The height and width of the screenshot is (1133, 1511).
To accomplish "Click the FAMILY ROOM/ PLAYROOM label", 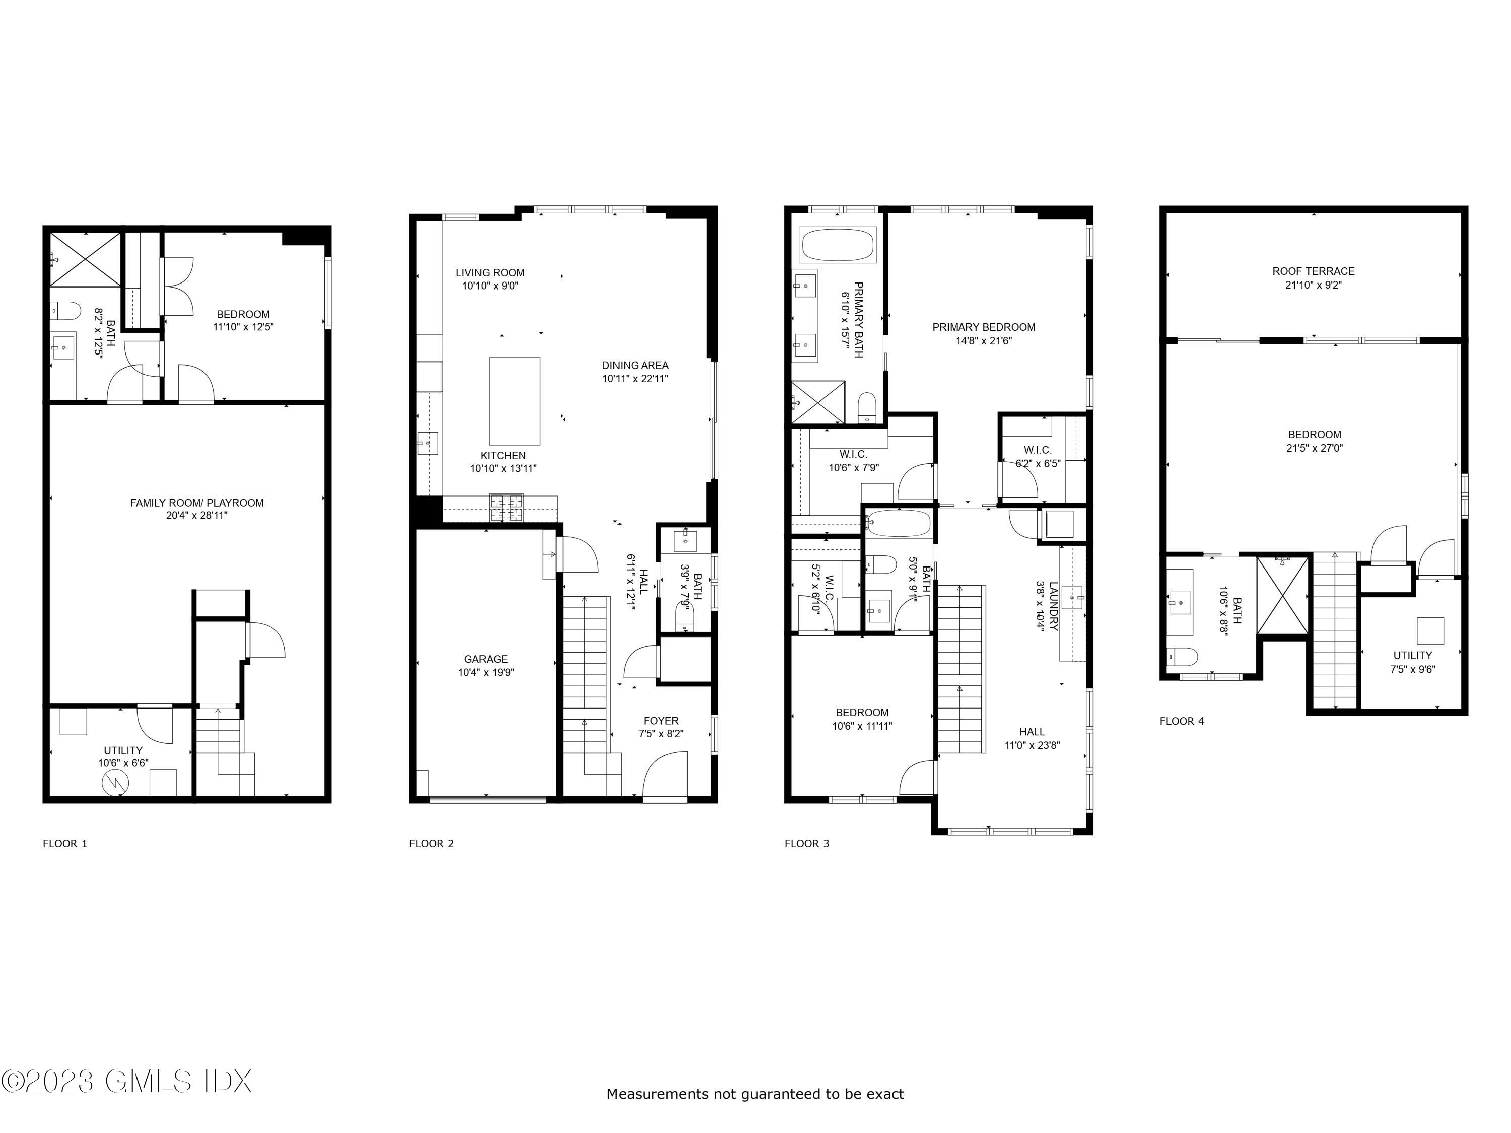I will tap(197, 503).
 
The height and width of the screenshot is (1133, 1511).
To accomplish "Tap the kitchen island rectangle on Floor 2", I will tap(514, 401).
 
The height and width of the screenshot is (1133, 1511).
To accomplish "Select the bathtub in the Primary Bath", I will tap(838, 245).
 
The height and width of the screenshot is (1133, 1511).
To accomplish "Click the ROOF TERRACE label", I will tap(1313, 271).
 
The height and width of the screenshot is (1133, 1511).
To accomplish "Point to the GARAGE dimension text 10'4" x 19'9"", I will tap(486, 673).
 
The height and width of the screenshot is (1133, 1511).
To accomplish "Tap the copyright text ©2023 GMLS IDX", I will tap(126, 1081).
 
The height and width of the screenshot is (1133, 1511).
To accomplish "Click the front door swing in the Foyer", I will tap(664, 775).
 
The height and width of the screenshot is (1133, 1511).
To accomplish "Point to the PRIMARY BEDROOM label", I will tap(984, 327).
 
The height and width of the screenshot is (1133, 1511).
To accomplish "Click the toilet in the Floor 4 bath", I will tap(1181, 657).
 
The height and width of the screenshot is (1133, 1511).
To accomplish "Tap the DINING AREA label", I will tap(635, 366).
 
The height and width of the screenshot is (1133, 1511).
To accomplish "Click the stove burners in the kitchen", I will tap(506, 508).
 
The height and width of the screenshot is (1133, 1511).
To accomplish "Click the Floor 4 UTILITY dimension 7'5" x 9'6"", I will tap(1412, 670).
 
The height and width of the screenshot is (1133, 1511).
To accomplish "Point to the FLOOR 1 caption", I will tap(65, 843).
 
